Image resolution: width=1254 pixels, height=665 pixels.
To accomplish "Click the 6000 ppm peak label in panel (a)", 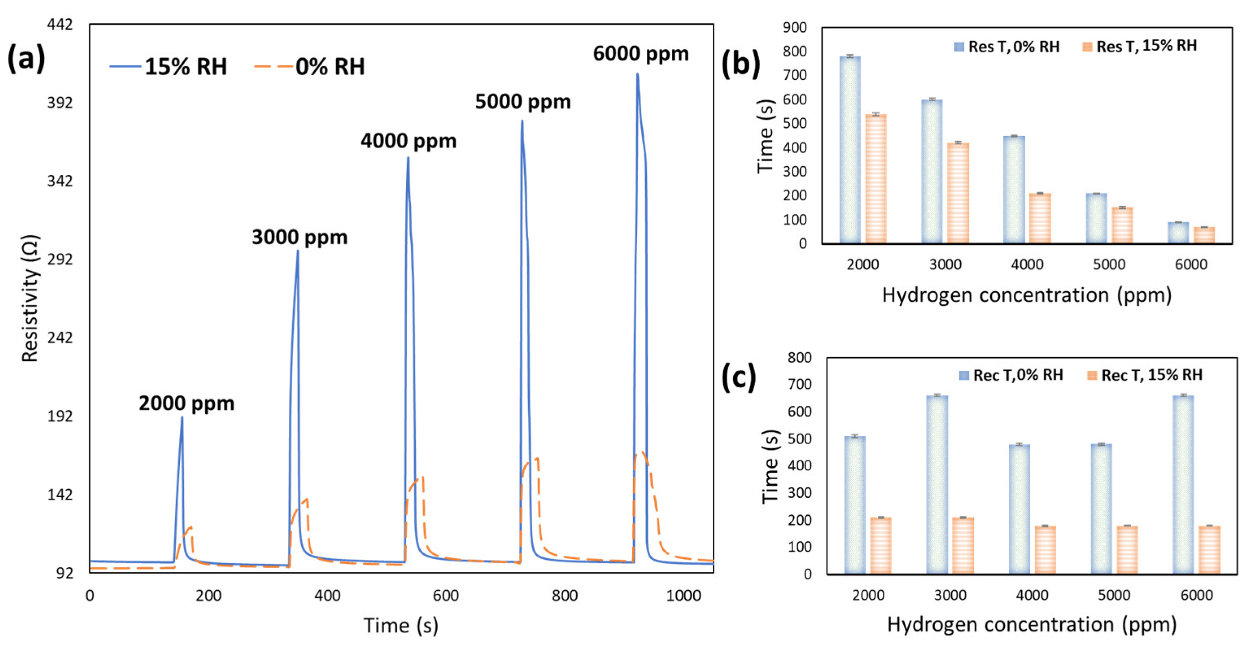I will [x=641, y=54].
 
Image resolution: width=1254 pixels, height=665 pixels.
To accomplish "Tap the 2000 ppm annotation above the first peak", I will [x=187, y=403].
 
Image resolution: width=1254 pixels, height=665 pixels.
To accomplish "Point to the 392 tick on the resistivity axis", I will [x=60, y=103].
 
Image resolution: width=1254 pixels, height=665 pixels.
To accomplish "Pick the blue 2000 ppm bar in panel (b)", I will [x=849, y=151].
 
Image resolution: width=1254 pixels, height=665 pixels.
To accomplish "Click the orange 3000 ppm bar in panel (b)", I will [x=958, y=193].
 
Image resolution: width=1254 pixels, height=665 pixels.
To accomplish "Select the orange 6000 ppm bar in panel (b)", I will [x=1204, y=235].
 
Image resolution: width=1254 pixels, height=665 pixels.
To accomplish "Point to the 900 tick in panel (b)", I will [x=795, y=28].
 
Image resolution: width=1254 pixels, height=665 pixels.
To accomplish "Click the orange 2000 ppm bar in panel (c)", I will [x=881, y=546].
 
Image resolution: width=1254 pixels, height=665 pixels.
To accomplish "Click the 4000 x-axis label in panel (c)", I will [x=1032, y=595].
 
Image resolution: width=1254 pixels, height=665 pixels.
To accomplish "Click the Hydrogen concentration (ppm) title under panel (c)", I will [x=1032, y=624].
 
